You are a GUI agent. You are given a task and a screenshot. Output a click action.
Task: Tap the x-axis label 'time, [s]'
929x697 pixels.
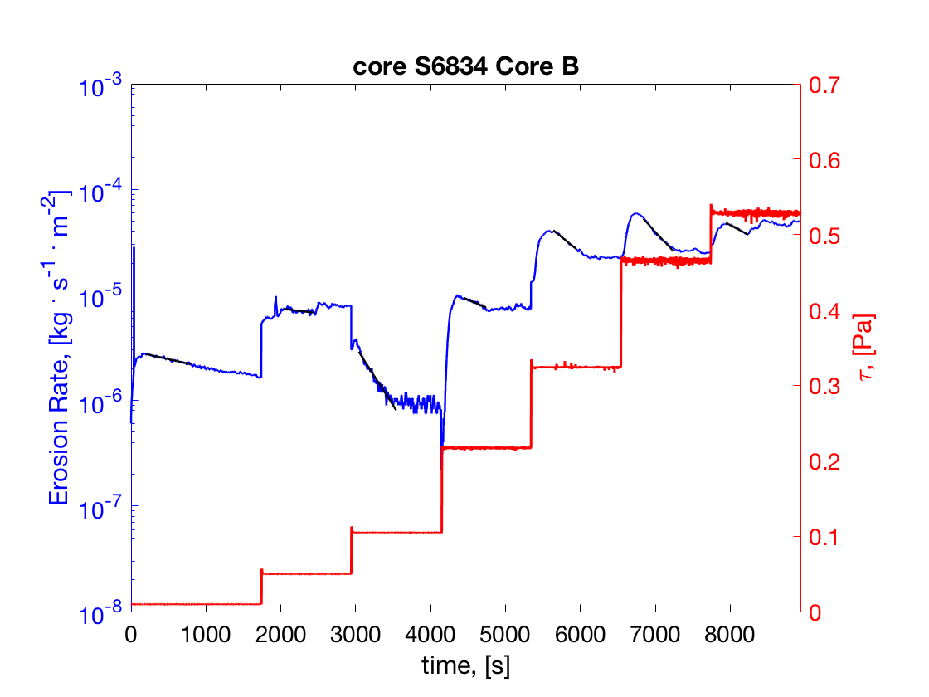(465, 665)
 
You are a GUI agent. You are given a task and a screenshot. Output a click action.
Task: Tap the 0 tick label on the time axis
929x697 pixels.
(131, 634)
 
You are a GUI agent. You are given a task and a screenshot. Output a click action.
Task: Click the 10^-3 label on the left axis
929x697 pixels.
(100, 85)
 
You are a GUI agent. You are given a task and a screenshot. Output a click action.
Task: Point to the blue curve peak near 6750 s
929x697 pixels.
(636, 214)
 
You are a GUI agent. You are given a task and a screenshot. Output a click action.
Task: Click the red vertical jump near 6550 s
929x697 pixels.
(621, 315)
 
